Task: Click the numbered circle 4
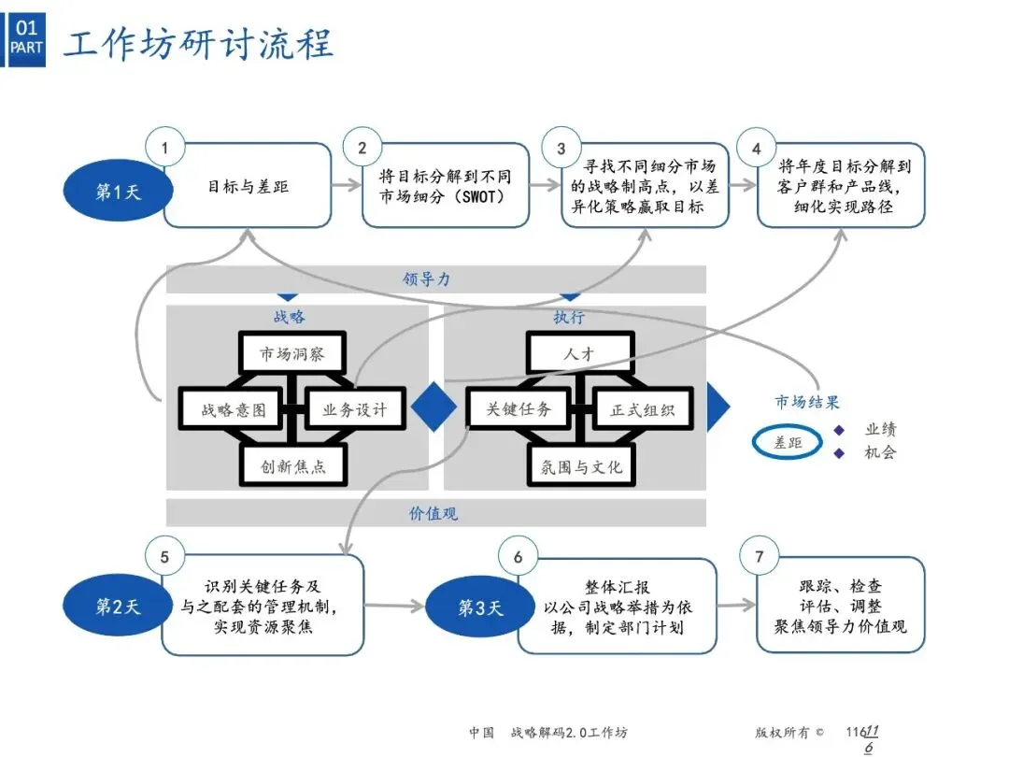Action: [756, 149]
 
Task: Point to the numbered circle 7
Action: [759, 558]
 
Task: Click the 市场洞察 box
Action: [290, 354]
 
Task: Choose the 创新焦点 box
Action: [293, 465]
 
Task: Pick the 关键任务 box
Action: [519, 409]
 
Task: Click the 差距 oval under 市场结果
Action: [789, 443]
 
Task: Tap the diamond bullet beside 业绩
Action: [839, 430]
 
